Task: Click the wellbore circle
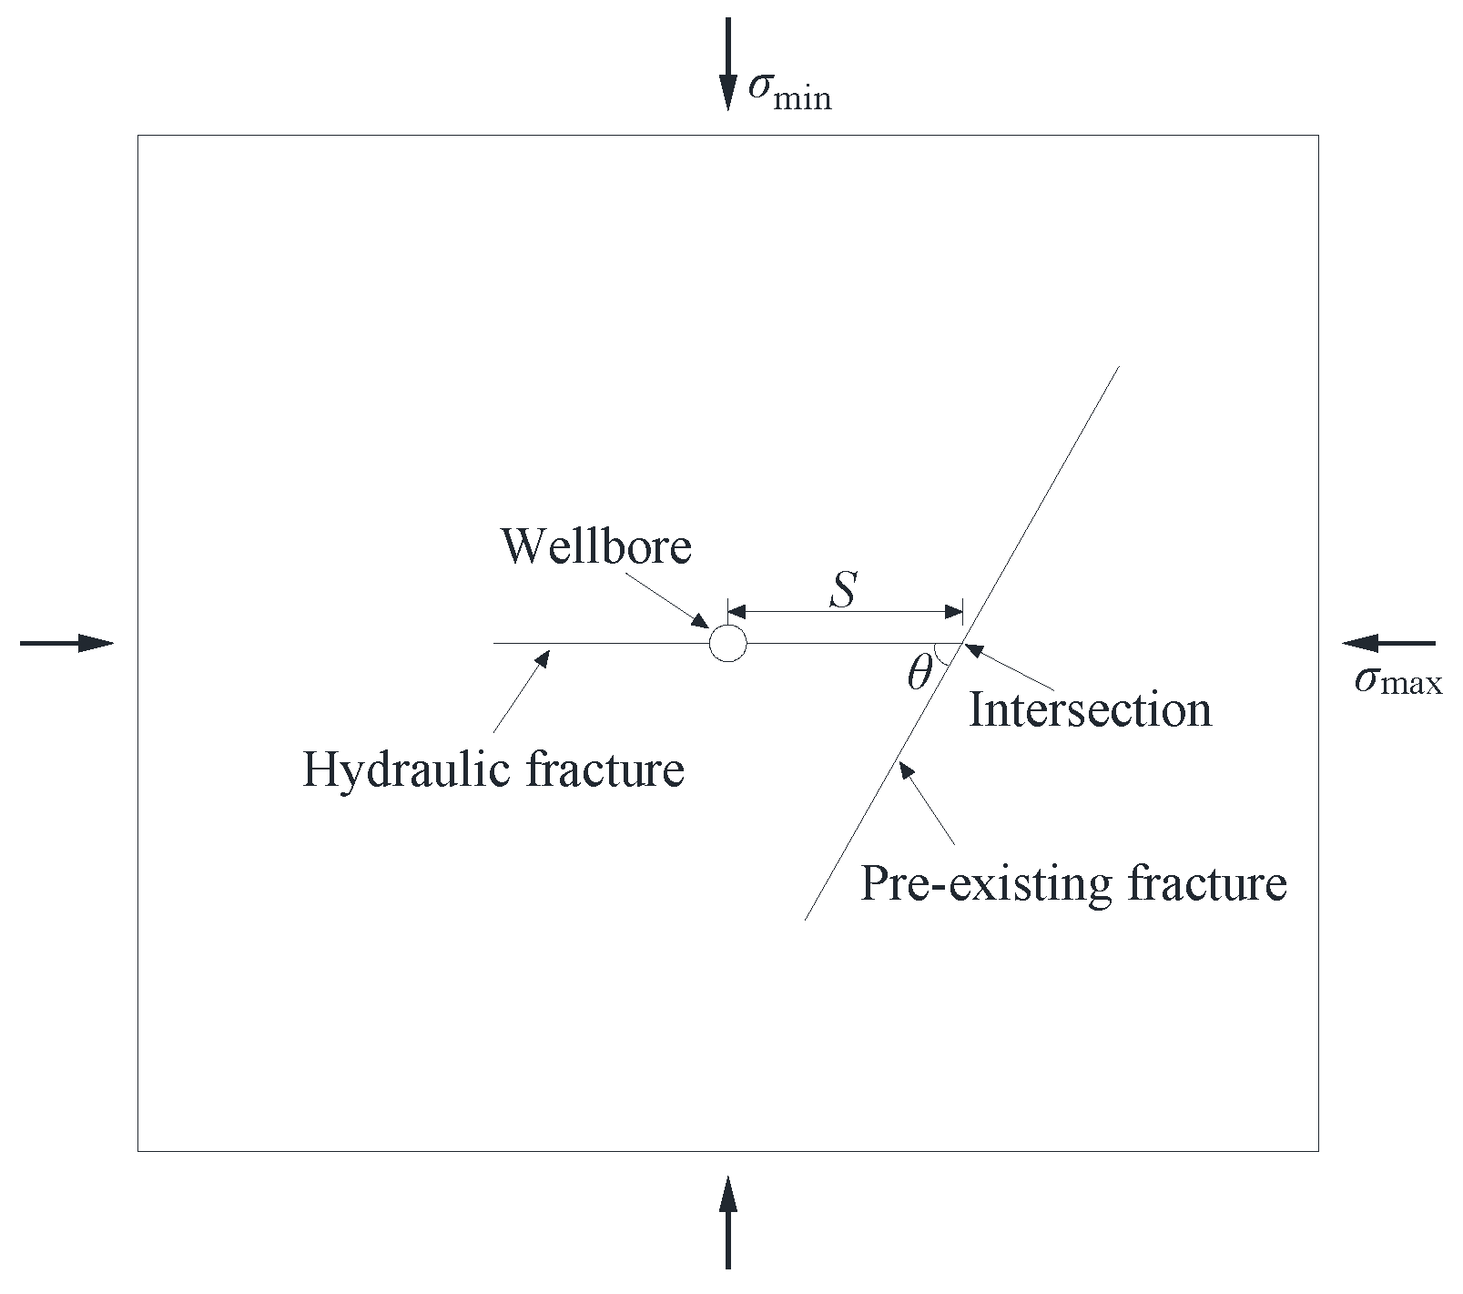point(727,643)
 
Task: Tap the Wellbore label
point(596,546)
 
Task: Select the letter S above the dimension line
point(844,589)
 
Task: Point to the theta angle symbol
point(919,675)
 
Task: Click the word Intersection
point(1090,709)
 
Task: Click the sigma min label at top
point(788,93)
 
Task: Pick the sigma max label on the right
point(1397,681)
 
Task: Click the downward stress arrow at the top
point(727,64)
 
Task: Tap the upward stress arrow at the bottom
point(727,1221)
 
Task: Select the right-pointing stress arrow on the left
point(66,643)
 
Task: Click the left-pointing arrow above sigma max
point(1388,643)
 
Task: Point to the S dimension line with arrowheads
point(845,610)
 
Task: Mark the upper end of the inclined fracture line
point(1118,366)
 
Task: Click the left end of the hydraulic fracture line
point(494,643)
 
